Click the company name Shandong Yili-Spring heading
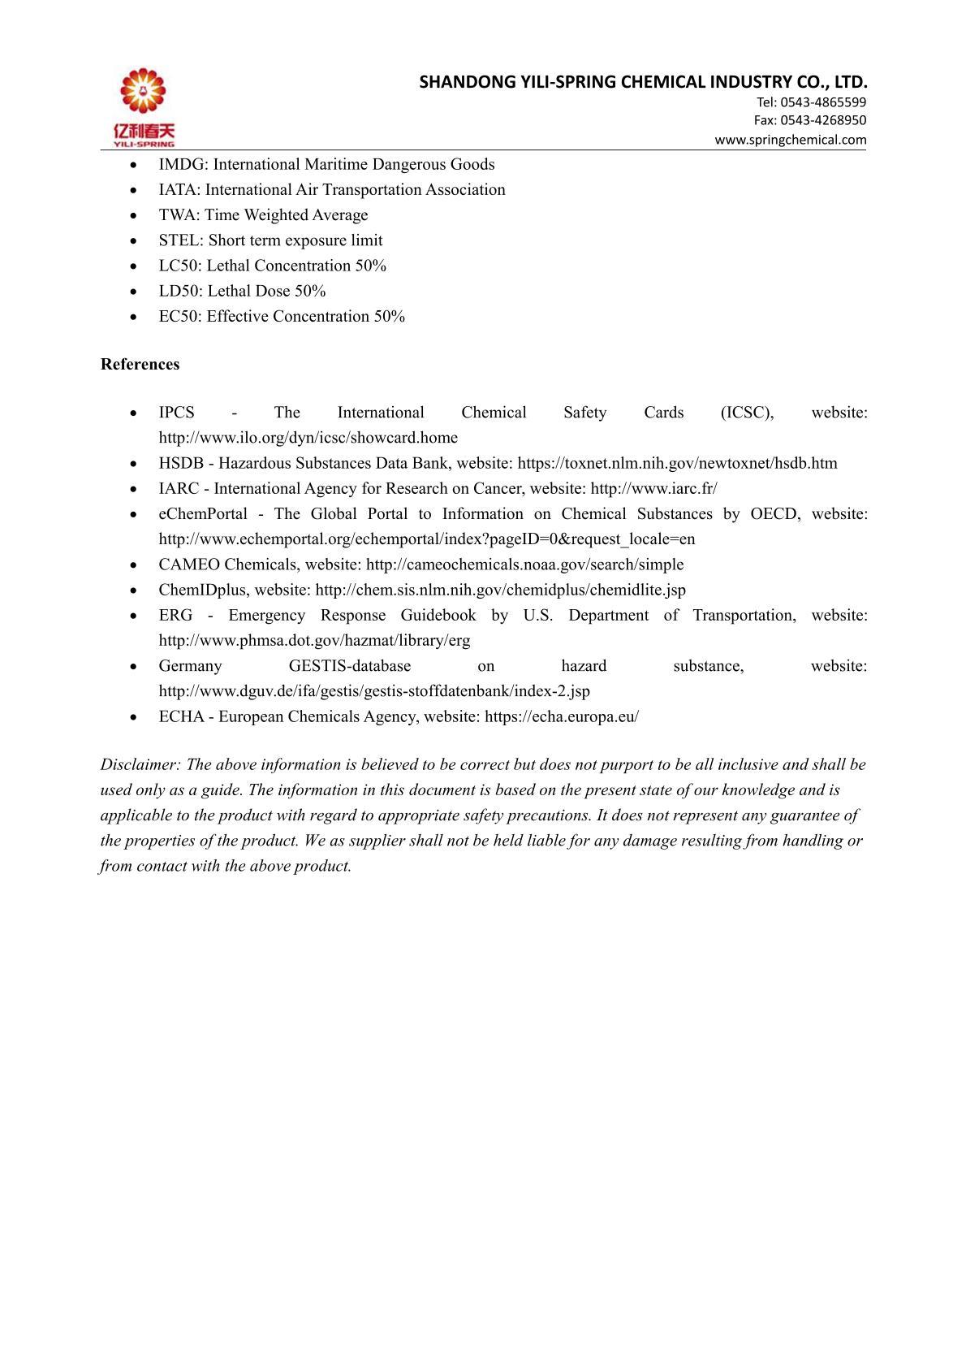coord(643,82)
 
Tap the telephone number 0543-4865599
coord(822,102)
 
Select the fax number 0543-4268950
coord(822,120)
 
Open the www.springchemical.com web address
coord(790,140)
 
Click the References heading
coord(140,365)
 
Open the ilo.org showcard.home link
coord(308,438)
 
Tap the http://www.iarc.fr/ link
coord(653,489)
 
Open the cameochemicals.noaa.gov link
coord(524,565)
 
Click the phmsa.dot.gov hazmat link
coord(314,641)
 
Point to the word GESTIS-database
coord(349,666)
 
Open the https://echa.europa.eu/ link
coord(561,717)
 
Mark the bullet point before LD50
coord(133,292)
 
